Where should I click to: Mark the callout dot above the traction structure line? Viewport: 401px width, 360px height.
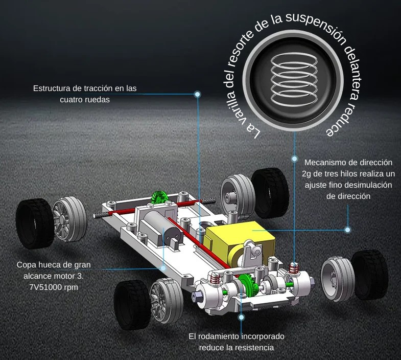click(x=198, y=94)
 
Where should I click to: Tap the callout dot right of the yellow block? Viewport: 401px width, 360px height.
click(x=348, y=230)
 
